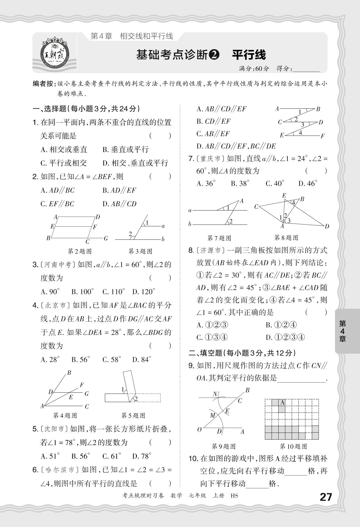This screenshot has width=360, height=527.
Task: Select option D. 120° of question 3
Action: coord(144,292)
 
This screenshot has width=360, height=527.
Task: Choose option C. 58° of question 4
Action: coord(112,359)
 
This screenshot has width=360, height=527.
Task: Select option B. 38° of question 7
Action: coord(240,183)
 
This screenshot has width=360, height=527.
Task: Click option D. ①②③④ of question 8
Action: coord(285,337)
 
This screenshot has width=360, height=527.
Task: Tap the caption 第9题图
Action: coord(224,446)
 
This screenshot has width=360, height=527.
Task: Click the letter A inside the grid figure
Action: coord(282,402)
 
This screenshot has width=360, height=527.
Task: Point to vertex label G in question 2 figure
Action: coord(106,238)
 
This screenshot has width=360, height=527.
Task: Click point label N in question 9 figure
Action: coord(215,394)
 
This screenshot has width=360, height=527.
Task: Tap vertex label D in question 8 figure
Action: coord(327,226)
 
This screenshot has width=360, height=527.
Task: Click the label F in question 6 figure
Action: coord(323,136)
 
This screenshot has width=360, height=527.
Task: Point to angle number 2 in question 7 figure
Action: coord(231,221)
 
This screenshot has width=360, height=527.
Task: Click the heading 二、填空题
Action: coord(242,353)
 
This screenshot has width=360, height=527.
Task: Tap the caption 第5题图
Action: coord(133,416)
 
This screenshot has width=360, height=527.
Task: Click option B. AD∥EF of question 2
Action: coord(119,190)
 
